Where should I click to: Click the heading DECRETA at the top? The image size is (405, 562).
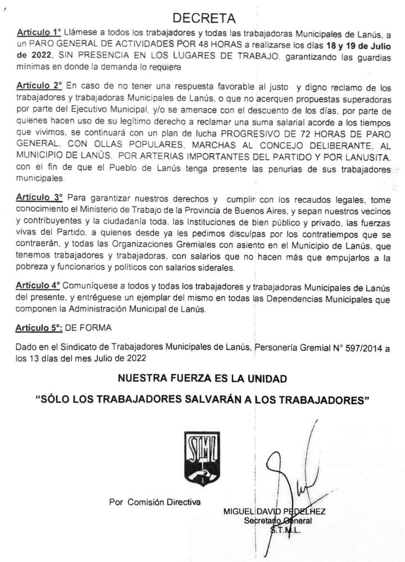(204, 21)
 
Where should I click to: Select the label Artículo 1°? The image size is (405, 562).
(40, 35)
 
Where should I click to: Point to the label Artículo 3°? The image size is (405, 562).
(40, 199)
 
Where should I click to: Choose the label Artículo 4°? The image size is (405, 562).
(40, 286)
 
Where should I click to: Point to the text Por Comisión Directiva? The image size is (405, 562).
(155, 502)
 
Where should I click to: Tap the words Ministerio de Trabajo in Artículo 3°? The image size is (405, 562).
(119, 210)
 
